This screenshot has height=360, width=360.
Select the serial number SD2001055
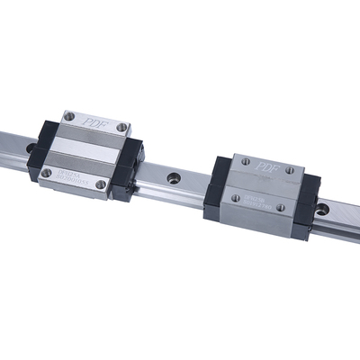pos(74,175)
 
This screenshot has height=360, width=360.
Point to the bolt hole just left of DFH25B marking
pos(234,198)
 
